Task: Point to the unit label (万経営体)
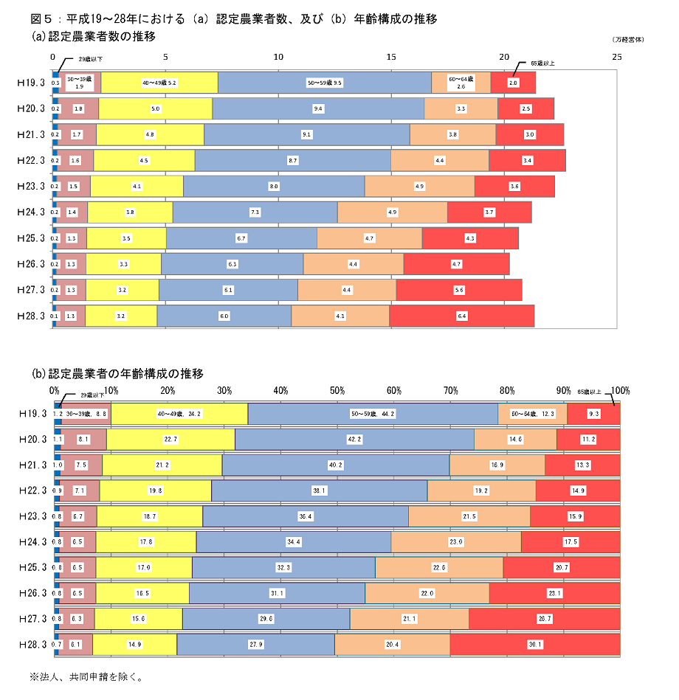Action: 627,39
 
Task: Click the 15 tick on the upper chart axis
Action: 391,57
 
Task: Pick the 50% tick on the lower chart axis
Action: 337,389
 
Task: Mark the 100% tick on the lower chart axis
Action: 620,389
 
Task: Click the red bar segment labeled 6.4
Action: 462,316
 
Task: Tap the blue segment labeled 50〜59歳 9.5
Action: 325,83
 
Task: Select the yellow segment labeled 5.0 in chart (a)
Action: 156,109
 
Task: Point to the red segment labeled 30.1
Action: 535,644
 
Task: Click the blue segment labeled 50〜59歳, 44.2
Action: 373,414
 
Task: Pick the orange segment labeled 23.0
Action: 456,541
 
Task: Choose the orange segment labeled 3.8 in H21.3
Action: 452,135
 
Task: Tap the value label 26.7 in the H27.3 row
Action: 545,618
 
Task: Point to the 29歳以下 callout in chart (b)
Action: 92,395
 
